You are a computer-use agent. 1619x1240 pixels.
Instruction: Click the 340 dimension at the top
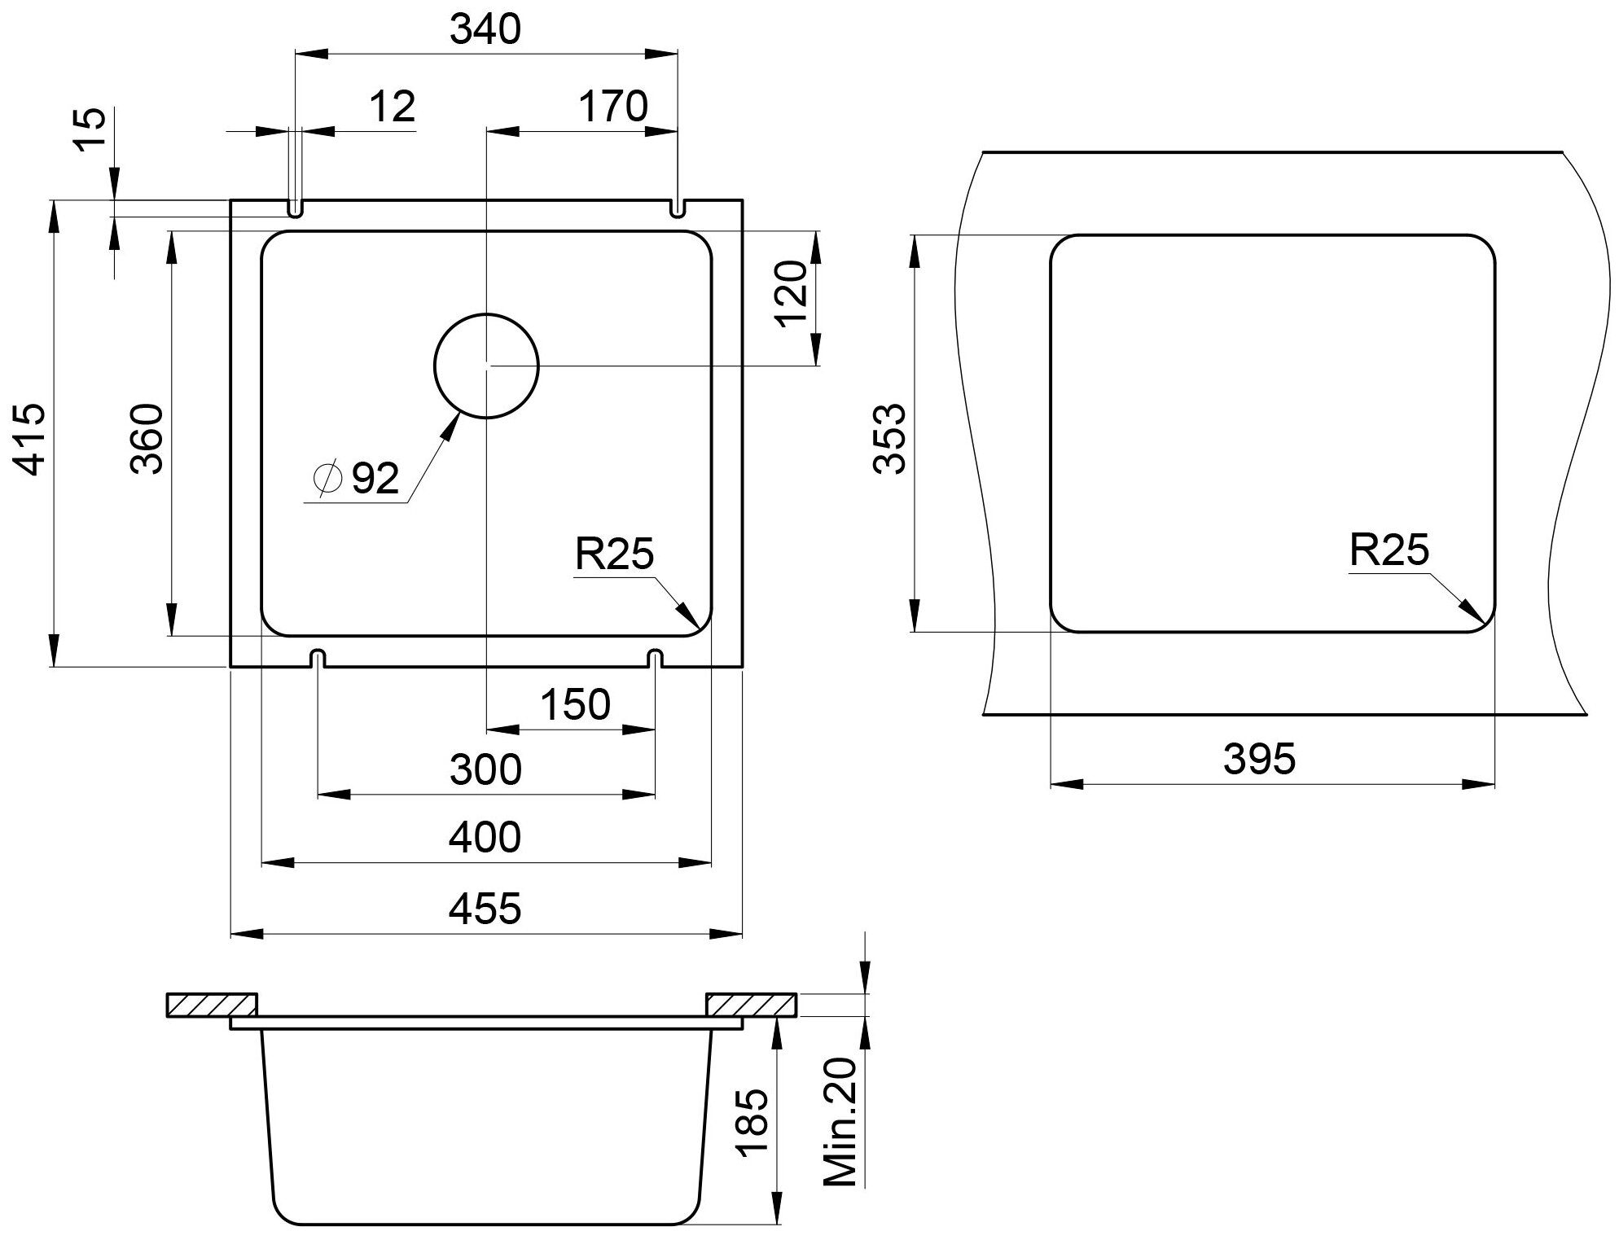[x=485, y=30]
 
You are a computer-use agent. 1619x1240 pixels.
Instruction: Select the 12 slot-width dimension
[x=392, y=107]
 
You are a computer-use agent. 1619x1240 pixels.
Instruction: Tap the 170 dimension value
[x=612, y=107]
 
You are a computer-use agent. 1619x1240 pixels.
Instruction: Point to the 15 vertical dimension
[x=91, y=129]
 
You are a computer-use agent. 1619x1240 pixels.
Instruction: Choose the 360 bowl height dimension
[x=149, y=439]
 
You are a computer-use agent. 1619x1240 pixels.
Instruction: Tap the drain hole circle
[x=487, y=366]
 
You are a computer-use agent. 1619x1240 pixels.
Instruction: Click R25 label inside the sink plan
[x=614, y=554]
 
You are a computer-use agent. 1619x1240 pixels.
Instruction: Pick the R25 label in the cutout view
[x=1389, y=550]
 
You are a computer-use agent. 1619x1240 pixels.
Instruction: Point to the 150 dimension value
[x=575, y=705]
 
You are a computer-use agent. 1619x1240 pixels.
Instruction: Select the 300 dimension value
[x=485, y=770]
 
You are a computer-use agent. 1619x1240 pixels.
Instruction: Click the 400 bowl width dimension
[x=485, y=838]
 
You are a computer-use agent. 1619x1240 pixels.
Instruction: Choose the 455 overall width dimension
[x=485, y=909]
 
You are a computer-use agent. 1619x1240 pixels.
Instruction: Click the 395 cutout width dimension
[x=1259, y=760]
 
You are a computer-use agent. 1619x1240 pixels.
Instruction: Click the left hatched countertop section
[x=211, y=1006]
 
